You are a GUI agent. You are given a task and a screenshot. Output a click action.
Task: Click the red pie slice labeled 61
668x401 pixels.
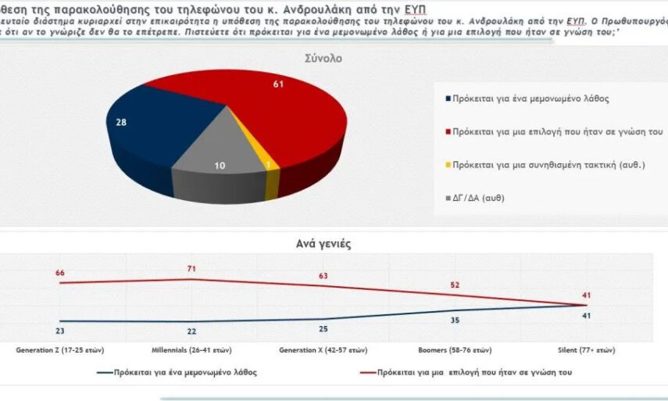point(289,109)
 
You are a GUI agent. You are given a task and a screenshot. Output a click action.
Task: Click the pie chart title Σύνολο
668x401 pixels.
point(323,59)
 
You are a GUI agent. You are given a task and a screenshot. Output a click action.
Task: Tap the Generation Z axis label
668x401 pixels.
point(59,349)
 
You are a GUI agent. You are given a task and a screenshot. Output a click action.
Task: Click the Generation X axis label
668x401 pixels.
point(323,349)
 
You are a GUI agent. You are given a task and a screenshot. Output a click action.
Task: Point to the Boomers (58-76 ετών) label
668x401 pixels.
point(455,349)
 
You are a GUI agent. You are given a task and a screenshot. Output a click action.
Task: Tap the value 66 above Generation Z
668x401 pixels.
point(59,273)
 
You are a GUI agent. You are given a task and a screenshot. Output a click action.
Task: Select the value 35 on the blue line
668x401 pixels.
point(455,320)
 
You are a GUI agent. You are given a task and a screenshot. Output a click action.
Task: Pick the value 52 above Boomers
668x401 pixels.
point(455,285)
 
